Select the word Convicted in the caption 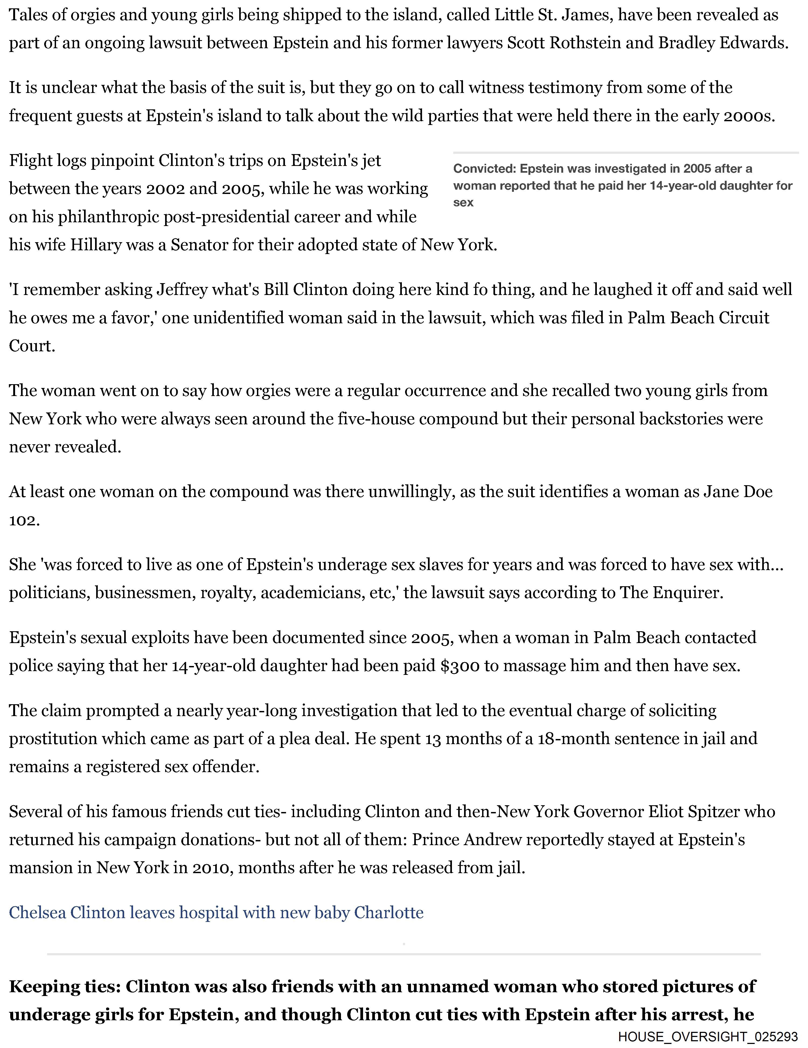pos(484,169)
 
